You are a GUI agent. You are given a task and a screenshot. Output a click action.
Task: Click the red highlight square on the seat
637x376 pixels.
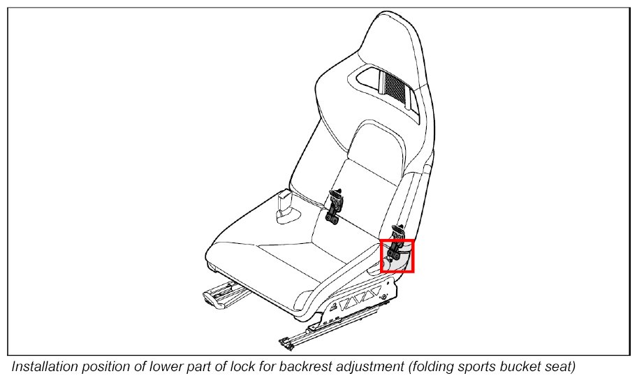click(x=397, y=255)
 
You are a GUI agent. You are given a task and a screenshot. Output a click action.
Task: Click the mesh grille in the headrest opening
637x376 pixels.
click(x=394, y=86)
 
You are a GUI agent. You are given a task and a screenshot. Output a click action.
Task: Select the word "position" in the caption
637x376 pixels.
click(x=109, y=366)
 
